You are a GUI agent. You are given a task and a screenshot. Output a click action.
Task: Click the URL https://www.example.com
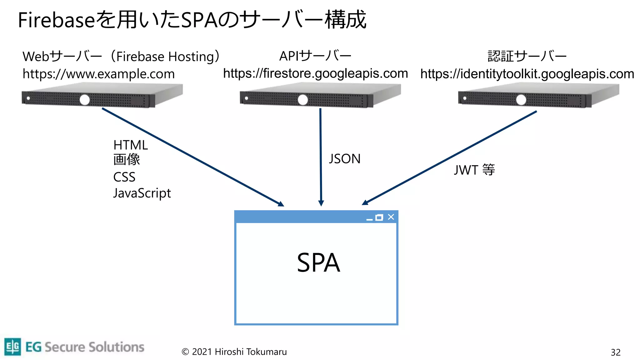pos(98,74)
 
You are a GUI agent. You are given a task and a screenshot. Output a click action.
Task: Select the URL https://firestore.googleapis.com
pos(315,73)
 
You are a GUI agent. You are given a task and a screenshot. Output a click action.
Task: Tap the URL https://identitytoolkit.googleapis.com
pos(527,74)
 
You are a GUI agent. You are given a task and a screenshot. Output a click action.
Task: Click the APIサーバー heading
pos(315,56)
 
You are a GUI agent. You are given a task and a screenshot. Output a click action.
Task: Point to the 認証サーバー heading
pos(527,56)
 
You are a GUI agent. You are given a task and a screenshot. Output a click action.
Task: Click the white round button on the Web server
pos(84,100)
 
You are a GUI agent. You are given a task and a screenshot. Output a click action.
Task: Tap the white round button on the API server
pos(302,100)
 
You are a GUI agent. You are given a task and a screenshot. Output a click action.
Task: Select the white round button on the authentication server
pos(521,100)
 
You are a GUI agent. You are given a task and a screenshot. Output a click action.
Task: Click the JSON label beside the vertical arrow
pos(344,159)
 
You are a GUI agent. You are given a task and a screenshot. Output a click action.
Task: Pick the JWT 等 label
pos(474,170)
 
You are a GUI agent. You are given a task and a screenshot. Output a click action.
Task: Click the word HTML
pos(130,145)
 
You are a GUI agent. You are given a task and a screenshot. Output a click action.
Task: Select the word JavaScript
pos(142,193)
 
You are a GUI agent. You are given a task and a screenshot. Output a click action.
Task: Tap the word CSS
pos(124,177)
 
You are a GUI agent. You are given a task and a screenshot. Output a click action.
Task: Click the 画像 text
pos(126,160)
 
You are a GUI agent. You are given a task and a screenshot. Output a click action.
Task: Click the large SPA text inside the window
pos(318,263)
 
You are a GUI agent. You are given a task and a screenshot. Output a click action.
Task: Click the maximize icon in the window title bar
pos(379,217)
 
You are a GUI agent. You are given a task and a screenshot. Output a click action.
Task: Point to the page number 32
pos(615,352)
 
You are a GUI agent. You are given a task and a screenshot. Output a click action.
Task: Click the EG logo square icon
pos(13,347)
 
